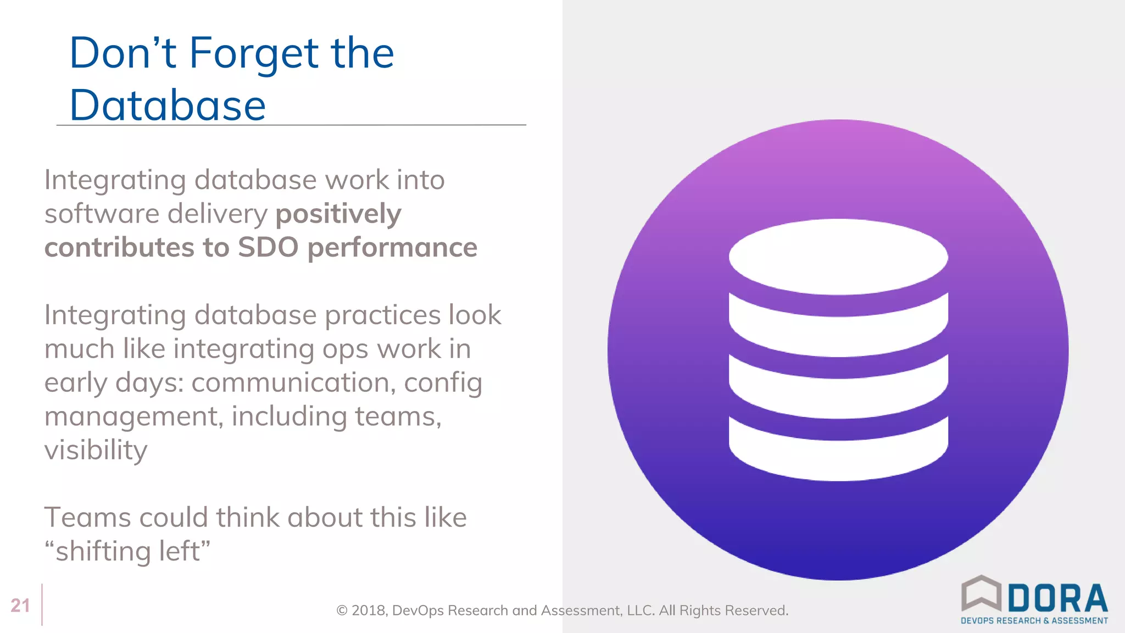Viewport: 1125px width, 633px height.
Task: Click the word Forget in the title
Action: [x=253, y=54]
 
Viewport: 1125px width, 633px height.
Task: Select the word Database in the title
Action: [x=168, y=105]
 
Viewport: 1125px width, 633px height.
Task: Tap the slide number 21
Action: [x=20, y=605]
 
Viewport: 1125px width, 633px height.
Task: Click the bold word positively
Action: [x=338, y=214]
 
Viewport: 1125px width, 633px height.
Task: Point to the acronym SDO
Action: [x=268, y=247]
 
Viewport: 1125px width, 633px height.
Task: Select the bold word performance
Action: [x=392, y=248]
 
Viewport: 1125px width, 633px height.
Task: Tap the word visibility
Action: [x=96, y=451]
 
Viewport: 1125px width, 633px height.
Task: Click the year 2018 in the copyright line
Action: [x=369, y=610]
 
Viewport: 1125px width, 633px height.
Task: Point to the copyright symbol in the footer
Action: [x=342, y=610]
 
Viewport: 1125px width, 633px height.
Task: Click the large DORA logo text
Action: [x=1057, y=599]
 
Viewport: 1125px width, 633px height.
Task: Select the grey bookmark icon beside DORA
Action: [x=981, y=593]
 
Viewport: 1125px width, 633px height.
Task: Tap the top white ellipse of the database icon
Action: [x=838, y=257]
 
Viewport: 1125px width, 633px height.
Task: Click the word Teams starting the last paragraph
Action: [x=87, y=518]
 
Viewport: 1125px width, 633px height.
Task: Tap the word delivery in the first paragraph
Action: [x=217, y=214]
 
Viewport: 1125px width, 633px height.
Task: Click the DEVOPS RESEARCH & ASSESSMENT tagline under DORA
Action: [x=1034, y=620]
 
